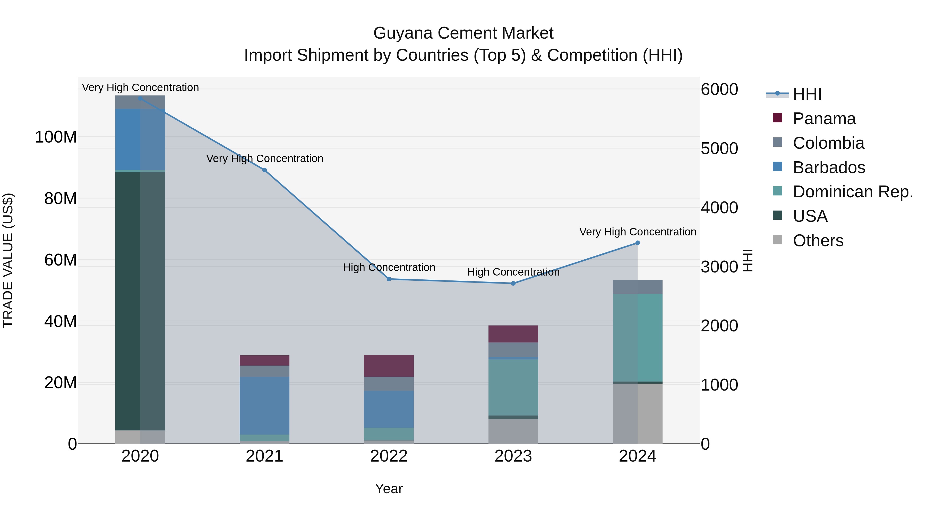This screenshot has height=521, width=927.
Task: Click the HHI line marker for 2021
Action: click(x=264, y=170)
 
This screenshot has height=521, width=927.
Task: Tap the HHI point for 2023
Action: click(x=513, y=283)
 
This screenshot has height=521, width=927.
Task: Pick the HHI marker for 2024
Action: click(x=638, y=243)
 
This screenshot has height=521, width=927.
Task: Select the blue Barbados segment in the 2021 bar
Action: click(x=264, y=405)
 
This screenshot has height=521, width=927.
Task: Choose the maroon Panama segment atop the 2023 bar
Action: click(x=513, y=334)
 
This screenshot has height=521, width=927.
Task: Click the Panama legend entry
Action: click(x=824, y=119)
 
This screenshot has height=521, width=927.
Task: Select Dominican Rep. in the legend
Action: click(x=853, y=192)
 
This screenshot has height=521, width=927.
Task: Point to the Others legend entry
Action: click(x=818, y=241)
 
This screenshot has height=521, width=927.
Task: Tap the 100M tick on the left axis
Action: click(x=56, y=137)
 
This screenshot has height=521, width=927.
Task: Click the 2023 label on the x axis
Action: click(x=513, y=456)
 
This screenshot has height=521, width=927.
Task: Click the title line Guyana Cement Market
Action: click(x=463, y=33)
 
